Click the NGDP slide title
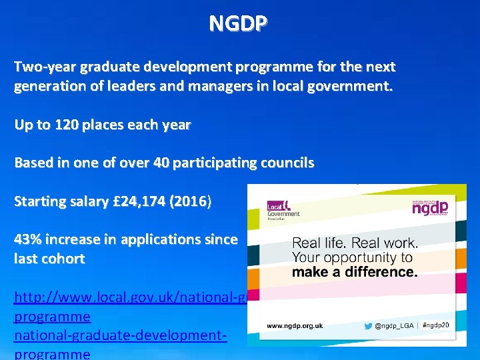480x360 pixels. (239, 23)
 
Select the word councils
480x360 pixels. (284, 163)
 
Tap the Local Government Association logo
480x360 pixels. (283, 209)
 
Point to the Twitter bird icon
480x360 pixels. (368, 325)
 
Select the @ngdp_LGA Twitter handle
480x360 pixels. (394, 325)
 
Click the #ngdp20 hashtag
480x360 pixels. (437, 325)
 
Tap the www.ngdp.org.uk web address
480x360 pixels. (295, 325)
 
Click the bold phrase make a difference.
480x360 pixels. (355, 271)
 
